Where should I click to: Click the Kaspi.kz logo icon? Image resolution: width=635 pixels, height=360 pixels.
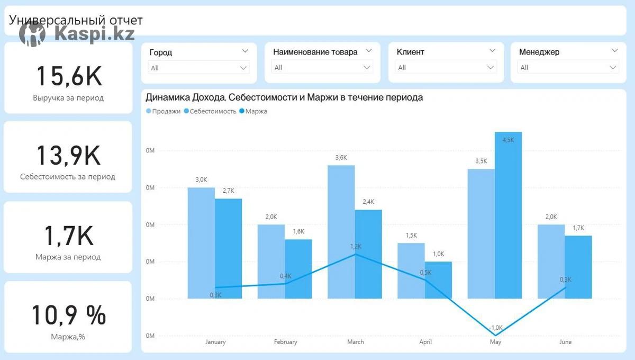(x=32, y=34)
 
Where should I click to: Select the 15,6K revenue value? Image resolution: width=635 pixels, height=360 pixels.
(x=68, y=76)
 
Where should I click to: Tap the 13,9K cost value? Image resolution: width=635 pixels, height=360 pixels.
(x=68, y=155)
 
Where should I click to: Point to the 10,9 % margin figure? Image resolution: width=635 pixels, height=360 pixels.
(x=68, y=315)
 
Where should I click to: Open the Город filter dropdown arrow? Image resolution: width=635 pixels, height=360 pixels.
(x=245, y=51)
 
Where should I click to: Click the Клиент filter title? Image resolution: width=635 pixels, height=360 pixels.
(x=410, y=52)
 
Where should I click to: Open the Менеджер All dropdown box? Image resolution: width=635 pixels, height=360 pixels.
(x=568, y=67)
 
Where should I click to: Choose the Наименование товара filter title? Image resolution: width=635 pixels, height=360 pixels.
(x=315, y=52)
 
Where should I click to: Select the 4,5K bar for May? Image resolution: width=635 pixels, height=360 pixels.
(x=508, y=214)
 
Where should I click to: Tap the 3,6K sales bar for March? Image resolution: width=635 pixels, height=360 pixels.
(x=341, y=231)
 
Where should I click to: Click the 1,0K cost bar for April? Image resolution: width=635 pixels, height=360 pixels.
(x=438, y=280)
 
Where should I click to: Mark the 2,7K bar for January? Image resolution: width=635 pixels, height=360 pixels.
(x=228, y=248)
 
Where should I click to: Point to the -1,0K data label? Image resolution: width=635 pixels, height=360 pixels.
(x=496, y=328)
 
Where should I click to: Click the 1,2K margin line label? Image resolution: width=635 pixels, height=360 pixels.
(x=356, y=246)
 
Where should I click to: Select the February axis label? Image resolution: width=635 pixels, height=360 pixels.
(x=285, y=342)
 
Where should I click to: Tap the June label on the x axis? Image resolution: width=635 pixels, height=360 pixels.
(x=565, y=342)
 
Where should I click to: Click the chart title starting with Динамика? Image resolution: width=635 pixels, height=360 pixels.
(x=284, y=97)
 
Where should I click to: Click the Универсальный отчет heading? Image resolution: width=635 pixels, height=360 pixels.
(x=76, y=20)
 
